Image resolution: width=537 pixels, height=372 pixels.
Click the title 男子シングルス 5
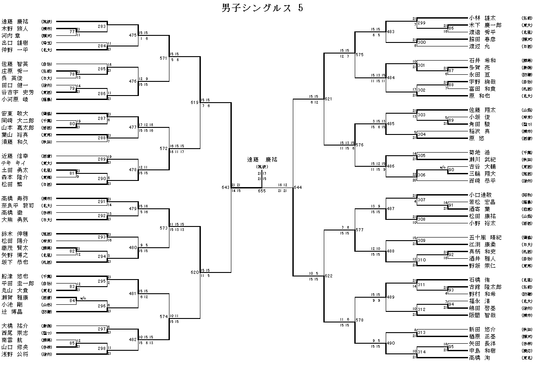point(262,8)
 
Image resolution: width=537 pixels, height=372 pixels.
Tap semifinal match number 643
point(226,188)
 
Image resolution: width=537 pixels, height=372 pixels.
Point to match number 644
point(298,188)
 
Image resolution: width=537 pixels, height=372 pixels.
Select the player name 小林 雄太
point(482,18)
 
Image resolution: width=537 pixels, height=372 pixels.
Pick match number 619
point(195,102)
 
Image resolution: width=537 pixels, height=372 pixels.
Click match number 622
point(328,276)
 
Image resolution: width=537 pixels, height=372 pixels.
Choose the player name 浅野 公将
point(15,354)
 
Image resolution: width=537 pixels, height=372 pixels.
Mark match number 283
point(102,27)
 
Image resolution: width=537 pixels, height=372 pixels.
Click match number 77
point(72,32)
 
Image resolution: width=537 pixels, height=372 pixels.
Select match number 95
point(451,347)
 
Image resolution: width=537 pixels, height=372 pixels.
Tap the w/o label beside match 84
point(83,298)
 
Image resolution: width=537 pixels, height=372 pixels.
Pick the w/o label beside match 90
point(442,167)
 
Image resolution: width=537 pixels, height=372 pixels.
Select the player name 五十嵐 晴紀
point(485,237)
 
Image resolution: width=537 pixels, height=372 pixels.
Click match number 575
point(359,54)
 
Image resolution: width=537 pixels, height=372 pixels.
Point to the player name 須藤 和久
point(15,142)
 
